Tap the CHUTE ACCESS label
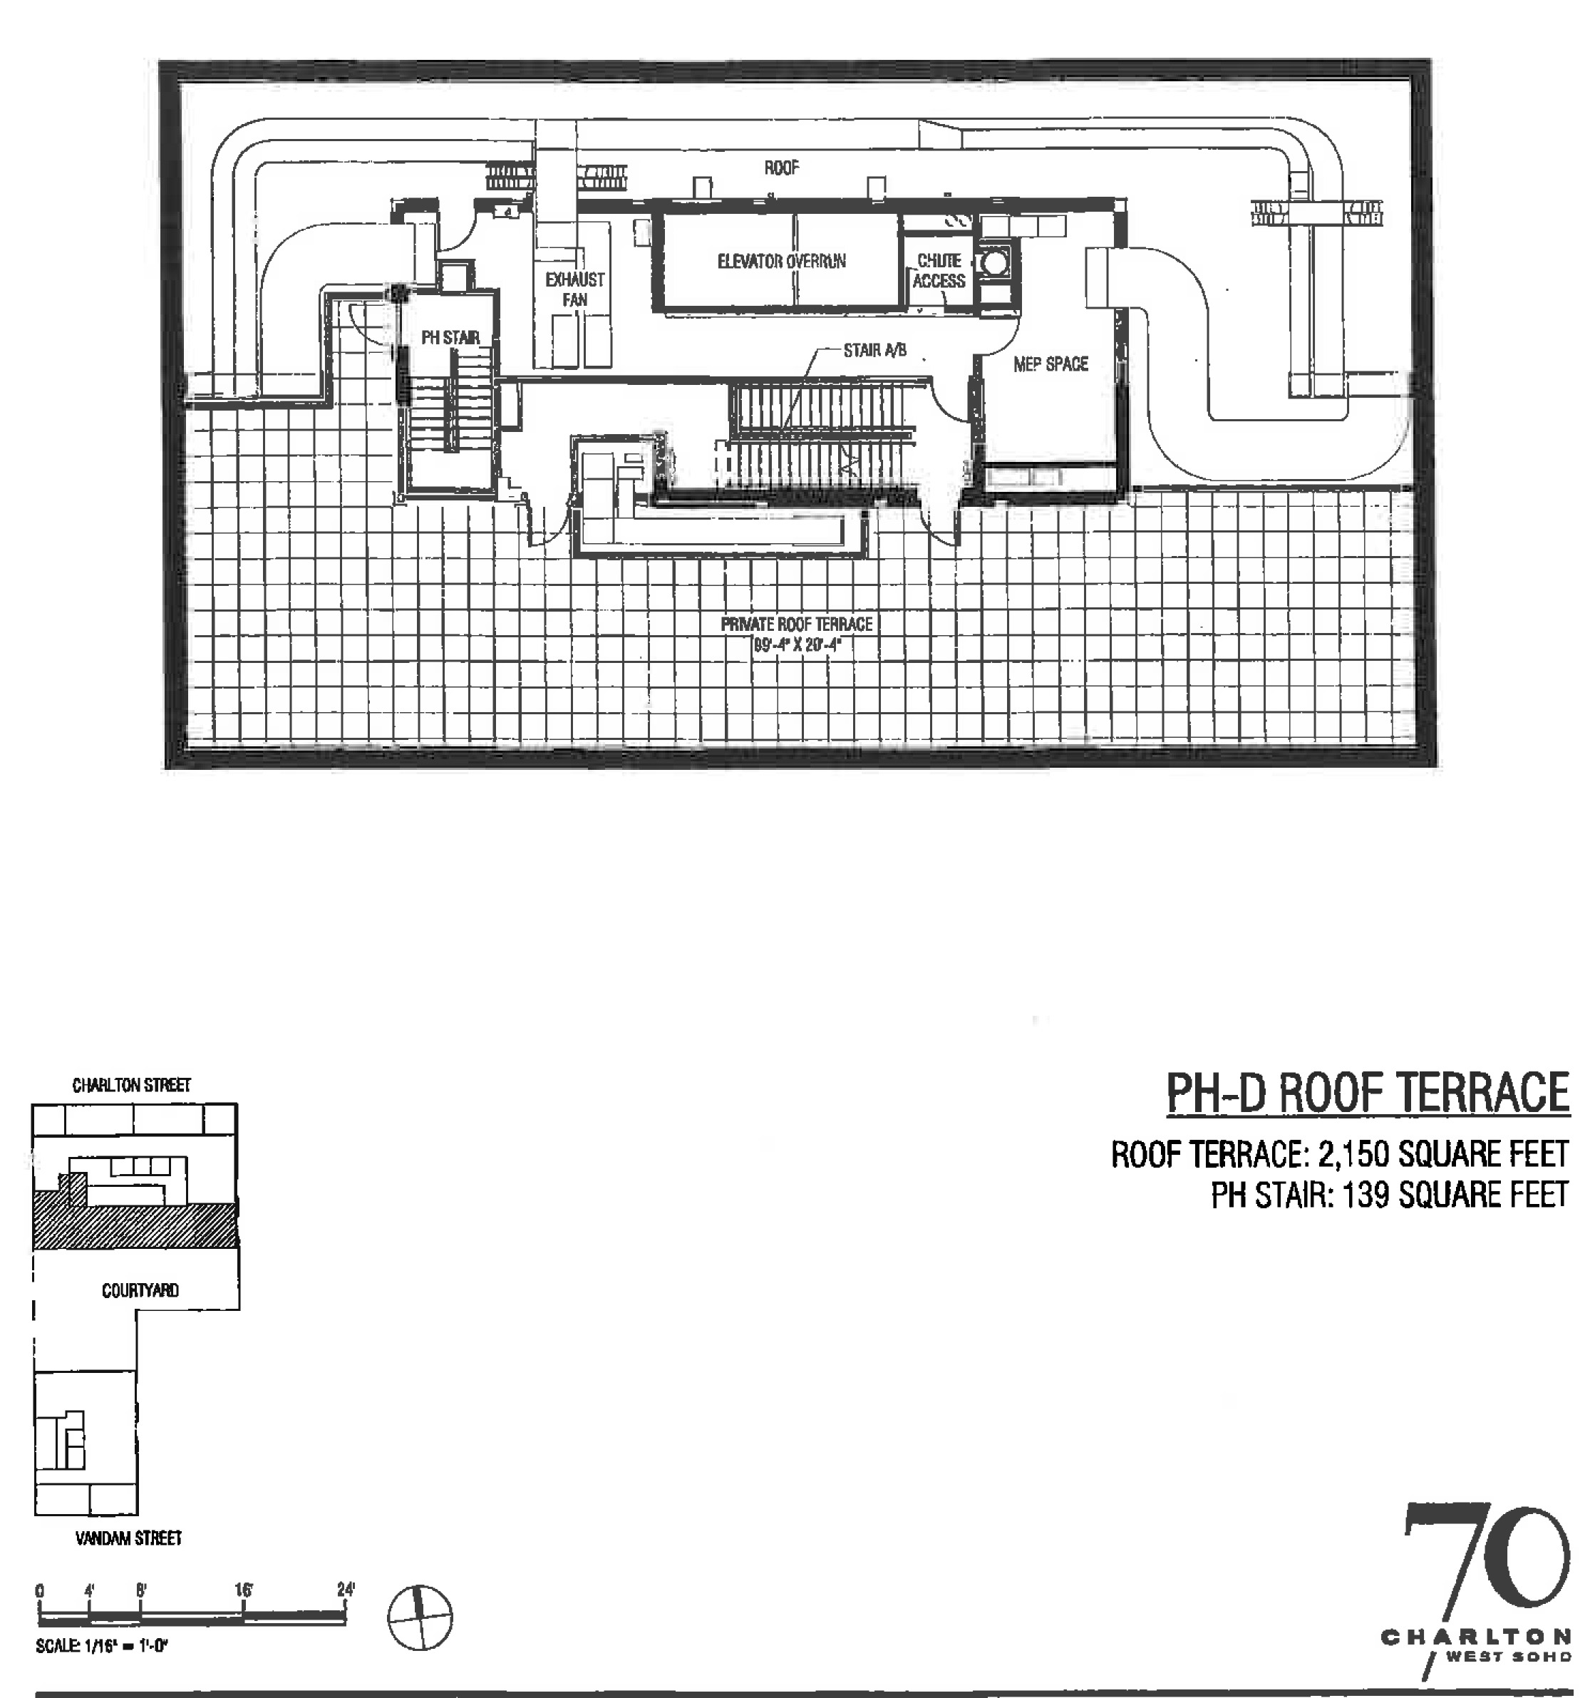click(x=939, y=271)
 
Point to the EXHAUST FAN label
click(x=574, y=289)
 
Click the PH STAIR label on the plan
click(x=450, y=338)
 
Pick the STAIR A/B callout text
click(x=874, y=350)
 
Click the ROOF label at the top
click(x=781, y=168)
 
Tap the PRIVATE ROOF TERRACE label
click(x=796, y=624)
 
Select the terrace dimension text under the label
click(x=796, y=645)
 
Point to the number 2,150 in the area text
click(x=1353, y=1155)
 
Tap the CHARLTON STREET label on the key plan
click(x=132, y=1086)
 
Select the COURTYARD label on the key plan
click(x=140, y=1290)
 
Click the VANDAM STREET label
click(x=129, y=1538)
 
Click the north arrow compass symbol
click(x=420, y=1617)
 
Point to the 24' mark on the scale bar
click(x=345, y=1590)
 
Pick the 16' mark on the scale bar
click(x=244, y=1590)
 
